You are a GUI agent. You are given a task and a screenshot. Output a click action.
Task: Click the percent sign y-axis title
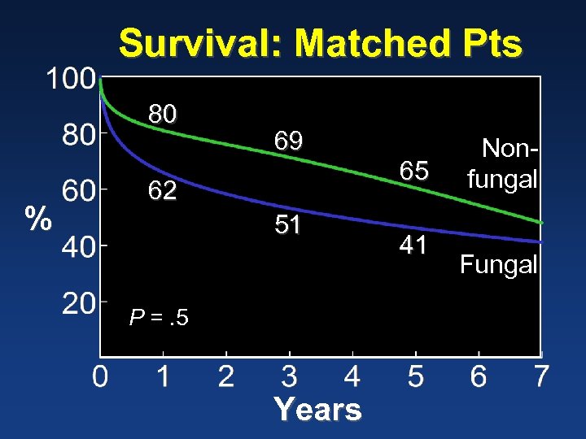(x=36, y=219)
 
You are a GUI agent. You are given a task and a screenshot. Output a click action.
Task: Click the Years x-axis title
(x=317, y=409)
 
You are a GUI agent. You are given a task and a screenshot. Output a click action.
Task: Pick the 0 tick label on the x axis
(x=99, y=377)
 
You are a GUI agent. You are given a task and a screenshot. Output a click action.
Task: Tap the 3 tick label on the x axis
(x=289, y=377)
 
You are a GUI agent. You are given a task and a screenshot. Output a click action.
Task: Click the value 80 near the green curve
(x=162, y=115)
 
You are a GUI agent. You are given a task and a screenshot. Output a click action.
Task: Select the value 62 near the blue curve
(x=162, y=191)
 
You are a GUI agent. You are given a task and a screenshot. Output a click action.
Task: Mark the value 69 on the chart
(x=288, y=141)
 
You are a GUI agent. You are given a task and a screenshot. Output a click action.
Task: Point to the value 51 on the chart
(x=288, y=224)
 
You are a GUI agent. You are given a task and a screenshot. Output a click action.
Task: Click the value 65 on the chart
(x=414, y=170)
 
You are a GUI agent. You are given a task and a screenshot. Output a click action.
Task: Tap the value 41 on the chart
(x=413, y=245)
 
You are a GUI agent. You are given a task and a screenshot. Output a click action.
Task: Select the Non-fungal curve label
(x=501, y=163)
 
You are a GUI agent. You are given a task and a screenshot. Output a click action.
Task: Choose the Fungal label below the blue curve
(x=498, y=264)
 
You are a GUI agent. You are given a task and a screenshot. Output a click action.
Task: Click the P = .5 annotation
(x=160, y=318)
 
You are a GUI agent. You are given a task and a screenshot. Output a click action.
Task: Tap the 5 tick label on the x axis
(x=415, y=377)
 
